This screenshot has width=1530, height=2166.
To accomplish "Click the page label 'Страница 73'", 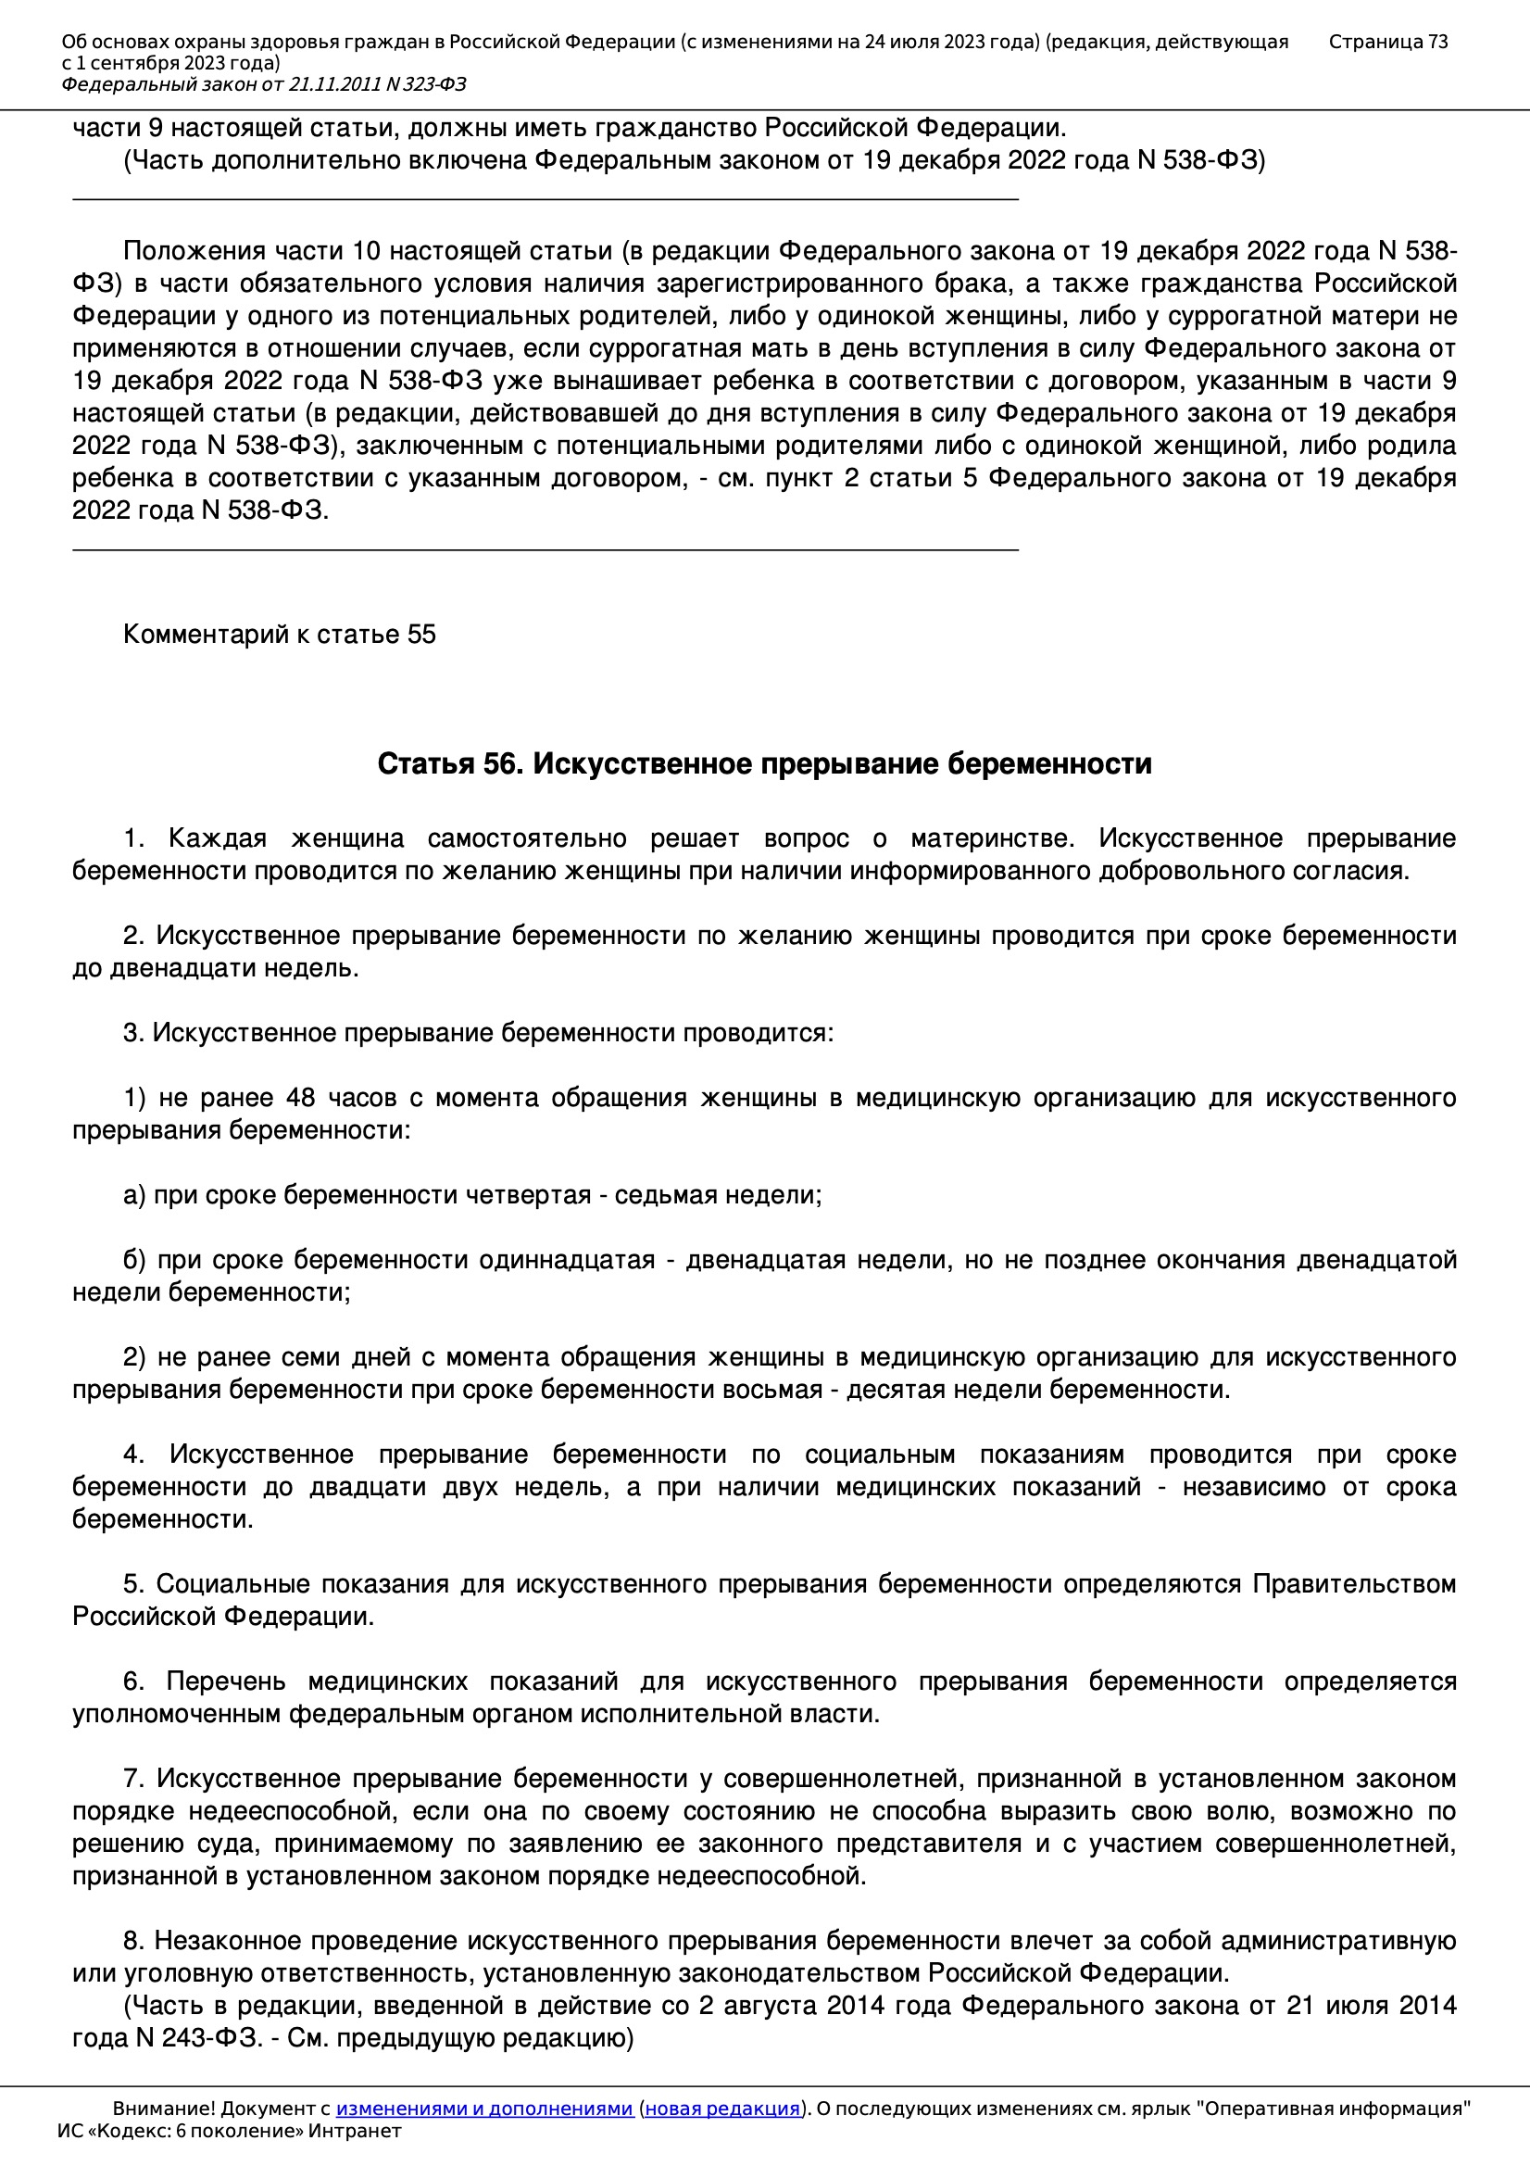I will coord(1387,42).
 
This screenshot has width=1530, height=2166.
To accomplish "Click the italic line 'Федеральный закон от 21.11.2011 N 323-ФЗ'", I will coord(264,85).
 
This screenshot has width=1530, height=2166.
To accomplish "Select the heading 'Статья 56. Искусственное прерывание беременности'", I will coord(764,763).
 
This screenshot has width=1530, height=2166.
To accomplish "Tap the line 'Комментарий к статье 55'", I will coord(279,634).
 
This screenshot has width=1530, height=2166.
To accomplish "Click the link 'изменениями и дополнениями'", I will coord(483,2109).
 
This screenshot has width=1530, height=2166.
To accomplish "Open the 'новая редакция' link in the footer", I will coord(722,2109).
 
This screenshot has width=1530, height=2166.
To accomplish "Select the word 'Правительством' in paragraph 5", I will coord(1354,1584).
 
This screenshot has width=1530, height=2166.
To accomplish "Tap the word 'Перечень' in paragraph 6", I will coord(225,1681).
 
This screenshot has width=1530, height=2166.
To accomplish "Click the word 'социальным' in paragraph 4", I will coord(879,1454).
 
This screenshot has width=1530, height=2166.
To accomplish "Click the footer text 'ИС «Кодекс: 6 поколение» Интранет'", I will coord(229,2131).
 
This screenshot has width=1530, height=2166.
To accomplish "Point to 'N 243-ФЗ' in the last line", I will coord(200,2038).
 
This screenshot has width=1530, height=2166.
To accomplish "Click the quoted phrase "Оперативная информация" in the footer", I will coord(1333,2109).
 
